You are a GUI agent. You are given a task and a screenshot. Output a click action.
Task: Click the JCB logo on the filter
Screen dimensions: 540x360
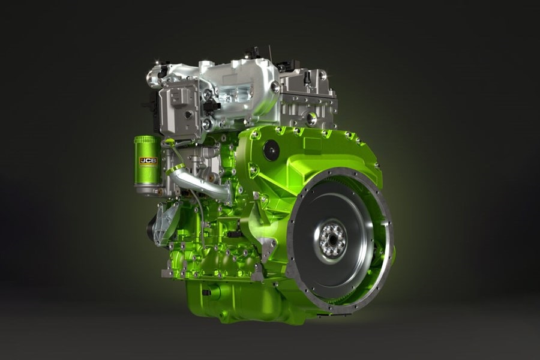click(148, 161)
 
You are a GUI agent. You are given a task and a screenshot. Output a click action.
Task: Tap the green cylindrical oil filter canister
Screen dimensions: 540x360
click(148, 161)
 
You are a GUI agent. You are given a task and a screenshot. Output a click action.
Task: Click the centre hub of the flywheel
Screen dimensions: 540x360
click(332, 239)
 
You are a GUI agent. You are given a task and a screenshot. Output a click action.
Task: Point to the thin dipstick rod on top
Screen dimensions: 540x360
click(272, 56)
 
